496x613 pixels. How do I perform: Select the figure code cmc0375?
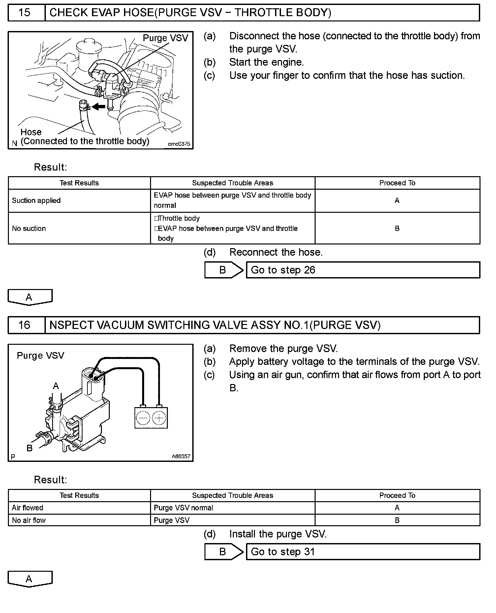(179, 144)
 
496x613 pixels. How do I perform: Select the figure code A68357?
(181, 457)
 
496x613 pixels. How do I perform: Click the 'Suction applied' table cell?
(36, 201)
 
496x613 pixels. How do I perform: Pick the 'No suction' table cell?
(29, 228)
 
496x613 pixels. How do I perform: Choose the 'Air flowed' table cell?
(28, 508)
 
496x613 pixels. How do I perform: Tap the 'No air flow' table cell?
(29, 520)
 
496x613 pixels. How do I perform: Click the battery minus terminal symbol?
(143, 418)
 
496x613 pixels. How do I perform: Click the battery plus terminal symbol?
(159, 418)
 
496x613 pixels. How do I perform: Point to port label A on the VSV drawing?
(56, 386)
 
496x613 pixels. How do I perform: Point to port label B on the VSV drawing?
(30, 448)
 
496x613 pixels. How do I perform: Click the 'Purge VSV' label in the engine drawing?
(165, 38)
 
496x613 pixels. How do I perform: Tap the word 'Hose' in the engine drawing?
(31, 132)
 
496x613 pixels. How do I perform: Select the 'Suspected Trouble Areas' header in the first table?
(232, 183)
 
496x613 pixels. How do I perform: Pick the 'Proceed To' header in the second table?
(397, 496)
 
